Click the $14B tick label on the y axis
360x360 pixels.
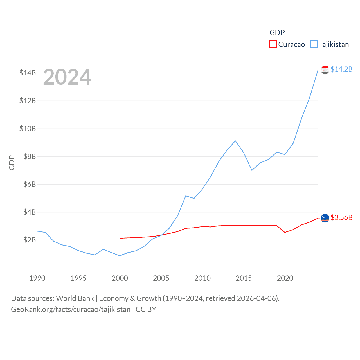pos(28,73)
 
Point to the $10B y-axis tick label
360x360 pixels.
pos(28,129)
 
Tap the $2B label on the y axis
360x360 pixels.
pos(30,240)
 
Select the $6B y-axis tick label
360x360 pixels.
pos(30,184)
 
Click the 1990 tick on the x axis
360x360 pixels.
pos(37,278)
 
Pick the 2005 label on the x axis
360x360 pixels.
pos(161,278)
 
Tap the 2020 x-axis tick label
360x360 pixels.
pos(285,278)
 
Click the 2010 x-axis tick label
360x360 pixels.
pos(202,278)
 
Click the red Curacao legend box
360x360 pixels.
pos(273,44)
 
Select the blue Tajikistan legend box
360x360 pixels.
pos(314,44)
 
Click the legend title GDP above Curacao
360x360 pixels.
pos(277,33)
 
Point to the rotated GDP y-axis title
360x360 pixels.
pos(12,163)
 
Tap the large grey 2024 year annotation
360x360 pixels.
pos(67,77)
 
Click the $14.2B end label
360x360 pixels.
pos(341,69)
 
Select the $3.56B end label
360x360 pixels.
pos(341,217)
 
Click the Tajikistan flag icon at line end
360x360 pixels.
pos(325,70)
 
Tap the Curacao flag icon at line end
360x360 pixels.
pos(325,218)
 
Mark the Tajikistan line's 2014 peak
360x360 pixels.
pos(235,141)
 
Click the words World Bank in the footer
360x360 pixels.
pos(75,298)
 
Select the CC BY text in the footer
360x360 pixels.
pos(146,309)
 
